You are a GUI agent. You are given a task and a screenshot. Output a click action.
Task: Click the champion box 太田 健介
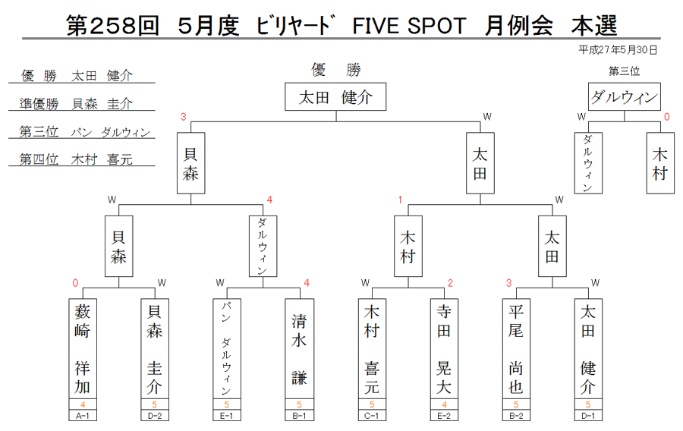pyautogui.click(x=335, y=96)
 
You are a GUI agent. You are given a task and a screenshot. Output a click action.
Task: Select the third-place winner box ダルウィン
pyautogui.click(x=625, y=96)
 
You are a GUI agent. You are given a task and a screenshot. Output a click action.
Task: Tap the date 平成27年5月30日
pyautogui.click(x=618, y=50)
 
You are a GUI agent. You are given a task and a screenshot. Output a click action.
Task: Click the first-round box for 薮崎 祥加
pyautogui.click(x=83, y=348)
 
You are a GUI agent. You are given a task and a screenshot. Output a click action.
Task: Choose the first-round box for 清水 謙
pyautogui.click(x=299, y=348)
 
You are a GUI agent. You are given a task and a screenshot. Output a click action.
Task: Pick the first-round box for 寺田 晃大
pyautogui.click(x=444, y=348)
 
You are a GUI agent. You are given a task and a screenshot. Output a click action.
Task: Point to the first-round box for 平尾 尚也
pyautogui.click(x=516, y=348)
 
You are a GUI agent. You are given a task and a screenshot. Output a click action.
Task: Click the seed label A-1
pyautogui.click(x=83, y=416)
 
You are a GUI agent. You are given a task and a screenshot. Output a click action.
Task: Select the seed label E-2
pyautogui.click(x=444, y=416)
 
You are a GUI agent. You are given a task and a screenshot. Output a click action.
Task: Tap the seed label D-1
pyautogui.click(x=588, y=416)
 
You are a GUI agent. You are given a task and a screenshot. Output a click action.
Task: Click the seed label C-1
pyautogui.click(x=372, y=416)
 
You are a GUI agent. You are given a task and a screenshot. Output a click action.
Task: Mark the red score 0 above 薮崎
pyautogui.click(x=75, y=283)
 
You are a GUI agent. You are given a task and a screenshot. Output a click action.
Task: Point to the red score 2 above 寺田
pyautogui.click(x=450, y=283)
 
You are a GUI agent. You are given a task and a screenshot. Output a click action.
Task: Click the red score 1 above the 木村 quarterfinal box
pyautogui.click(x=400, y=200)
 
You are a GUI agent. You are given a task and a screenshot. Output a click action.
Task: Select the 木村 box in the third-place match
pyautogui.click(x=660, y=163)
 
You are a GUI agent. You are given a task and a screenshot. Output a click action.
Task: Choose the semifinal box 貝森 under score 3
pyautogui.click(x=190, y=163)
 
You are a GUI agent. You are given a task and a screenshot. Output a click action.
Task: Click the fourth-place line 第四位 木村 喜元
pyautogui.click(x=76, y=159)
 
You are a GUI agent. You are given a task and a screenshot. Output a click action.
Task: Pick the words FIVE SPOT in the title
pyautogui.click(x=409, y=26)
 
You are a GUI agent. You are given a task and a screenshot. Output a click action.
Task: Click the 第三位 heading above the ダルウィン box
pyautogui.click(x=625, y=71)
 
